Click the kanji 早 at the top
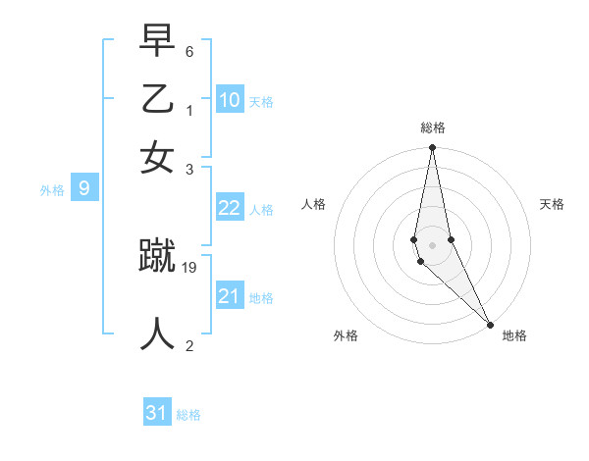coord(157,42)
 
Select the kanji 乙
coord(157,99)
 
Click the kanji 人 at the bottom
coord(157,333)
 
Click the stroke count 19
coord(190,266)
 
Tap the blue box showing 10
coord(230,99)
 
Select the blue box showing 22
coord(230,208)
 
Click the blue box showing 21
coord(230,296)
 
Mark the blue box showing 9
coord(84,189)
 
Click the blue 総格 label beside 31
coord(188,415)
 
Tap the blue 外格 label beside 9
coord(52,190)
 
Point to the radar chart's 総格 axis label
coord(433,128)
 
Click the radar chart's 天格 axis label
coord(553,204)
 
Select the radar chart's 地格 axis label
coord(514,335)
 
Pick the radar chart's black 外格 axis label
coord(346,335)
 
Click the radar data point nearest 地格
coord(490,324)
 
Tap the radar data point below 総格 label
coord(432,149)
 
